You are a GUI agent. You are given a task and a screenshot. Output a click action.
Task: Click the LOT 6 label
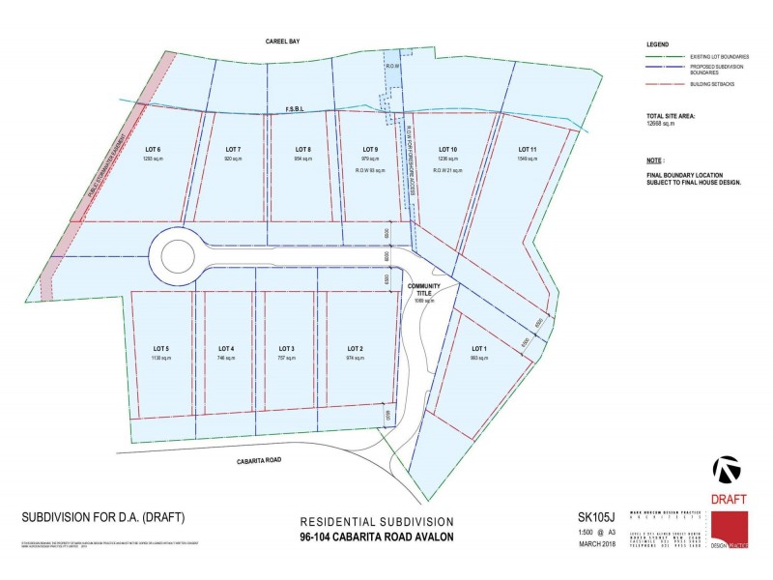pyautogui.click(x=152, y=148)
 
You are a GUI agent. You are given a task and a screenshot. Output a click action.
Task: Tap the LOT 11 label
pyautogui.click(x=526, y=148)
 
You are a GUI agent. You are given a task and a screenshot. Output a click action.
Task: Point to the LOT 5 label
pyautogui.click(x=161, y=348)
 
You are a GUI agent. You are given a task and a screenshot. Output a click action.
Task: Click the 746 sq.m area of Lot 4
pyautogui.click(x=226, y=358)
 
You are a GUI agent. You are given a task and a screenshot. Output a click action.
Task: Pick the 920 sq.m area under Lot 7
pyautogui.click(x=232, y=158)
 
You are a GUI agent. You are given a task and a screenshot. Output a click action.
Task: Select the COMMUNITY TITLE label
pyautogui.click(x=424, y=290)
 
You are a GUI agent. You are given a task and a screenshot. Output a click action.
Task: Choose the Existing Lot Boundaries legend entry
pyautogui.click(x=701, y=57)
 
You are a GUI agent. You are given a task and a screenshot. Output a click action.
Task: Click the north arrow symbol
pyautogui.click(x=728, y=470)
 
